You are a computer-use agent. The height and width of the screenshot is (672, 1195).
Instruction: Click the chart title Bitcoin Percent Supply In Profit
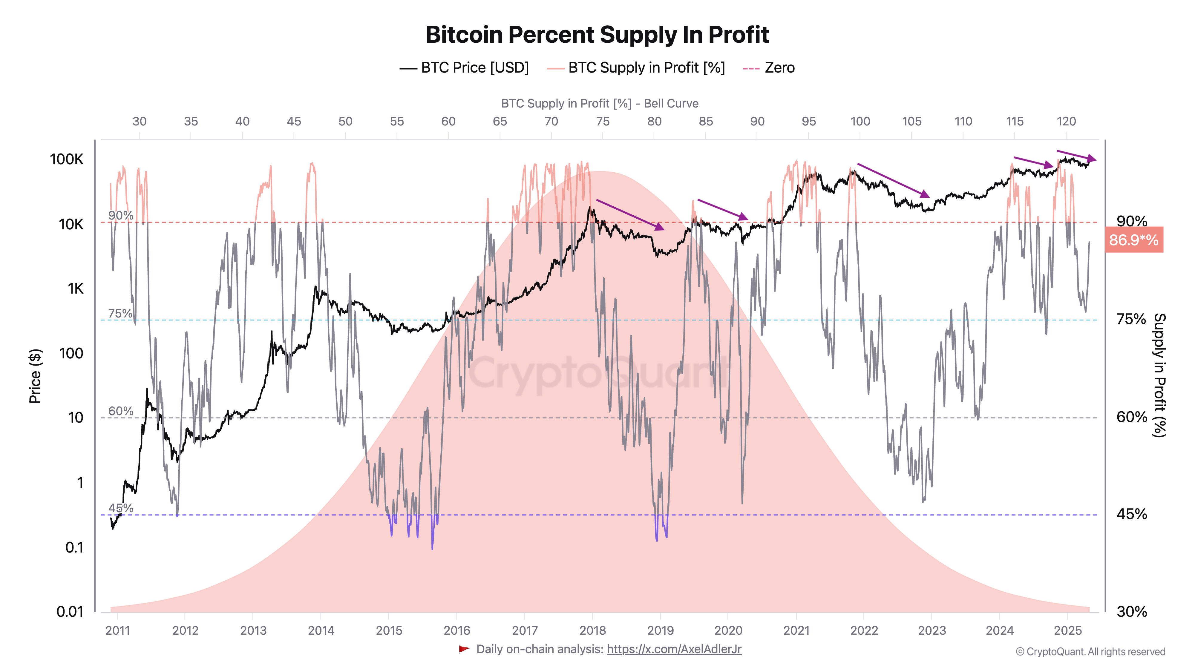click(597, 35)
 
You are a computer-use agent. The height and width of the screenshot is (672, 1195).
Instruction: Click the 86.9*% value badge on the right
click(1133, 240)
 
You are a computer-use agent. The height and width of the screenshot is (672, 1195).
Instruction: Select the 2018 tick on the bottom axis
click(592, 630)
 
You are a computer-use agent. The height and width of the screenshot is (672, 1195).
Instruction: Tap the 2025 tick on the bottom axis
click(1067, 630)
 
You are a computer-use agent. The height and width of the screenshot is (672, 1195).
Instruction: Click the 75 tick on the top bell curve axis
click(603, 122)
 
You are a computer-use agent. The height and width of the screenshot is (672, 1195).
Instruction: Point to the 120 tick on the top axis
click(1066, 122)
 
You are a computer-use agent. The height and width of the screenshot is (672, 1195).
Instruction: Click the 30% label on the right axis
click(1131, 612)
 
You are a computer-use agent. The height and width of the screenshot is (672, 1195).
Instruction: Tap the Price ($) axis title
click(35, 376)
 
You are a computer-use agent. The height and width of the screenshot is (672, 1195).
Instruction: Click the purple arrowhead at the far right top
click(1092, 159)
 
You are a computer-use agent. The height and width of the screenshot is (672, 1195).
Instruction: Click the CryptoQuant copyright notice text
click(1090, 652)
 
